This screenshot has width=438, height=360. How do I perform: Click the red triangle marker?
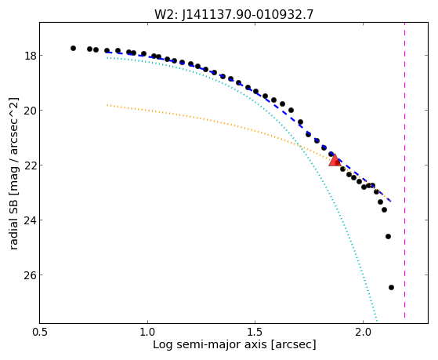pyautogui.click(x=335, y=161)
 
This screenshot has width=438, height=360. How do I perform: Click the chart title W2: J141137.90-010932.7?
pyautogui.click(x=233, y=15)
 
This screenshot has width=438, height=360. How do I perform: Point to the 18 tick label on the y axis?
pyautogui.click(x=30, y=56)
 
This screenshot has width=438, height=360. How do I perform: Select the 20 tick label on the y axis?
pyautogui.click(x=30, y=111)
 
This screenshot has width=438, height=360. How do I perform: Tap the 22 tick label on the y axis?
pyautogui.click(x=30, y=165)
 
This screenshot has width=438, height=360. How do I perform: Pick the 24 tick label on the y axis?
pyautogui.click(x=30, y=220)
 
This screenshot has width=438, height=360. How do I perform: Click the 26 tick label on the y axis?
pyautogui.click(x=30, y=275)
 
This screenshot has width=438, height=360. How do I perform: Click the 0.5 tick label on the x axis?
pyautogui.click(x=39, y=332)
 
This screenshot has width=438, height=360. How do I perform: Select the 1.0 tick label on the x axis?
pyautogui.click(x=147, y=332)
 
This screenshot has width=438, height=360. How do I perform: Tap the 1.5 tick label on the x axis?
pyautogui.click(x=255, y=332)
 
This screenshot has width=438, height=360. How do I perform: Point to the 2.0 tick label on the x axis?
pyautogui.click(x=363, y=332)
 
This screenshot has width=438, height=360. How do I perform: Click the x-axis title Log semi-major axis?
pyautogui.click(x=210, y=344)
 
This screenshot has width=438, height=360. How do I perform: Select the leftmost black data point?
pyautogui.click(x=73, y=48)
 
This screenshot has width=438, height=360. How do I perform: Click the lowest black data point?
pyautogui.click(x=391, y=287)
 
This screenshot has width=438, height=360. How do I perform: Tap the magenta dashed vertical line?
pyautogui.click(x=404, y=173)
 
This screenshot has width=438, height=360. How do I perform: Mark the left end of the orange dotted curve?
pyautogui.click(x=107, y=105)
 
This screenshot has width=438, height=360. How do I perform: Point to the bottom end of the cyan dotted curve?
pyautogui.click(x=377, y=321)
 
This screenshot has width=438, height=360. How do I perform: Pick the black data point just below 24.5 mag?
pyautogui.click(x=388, y=236)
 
